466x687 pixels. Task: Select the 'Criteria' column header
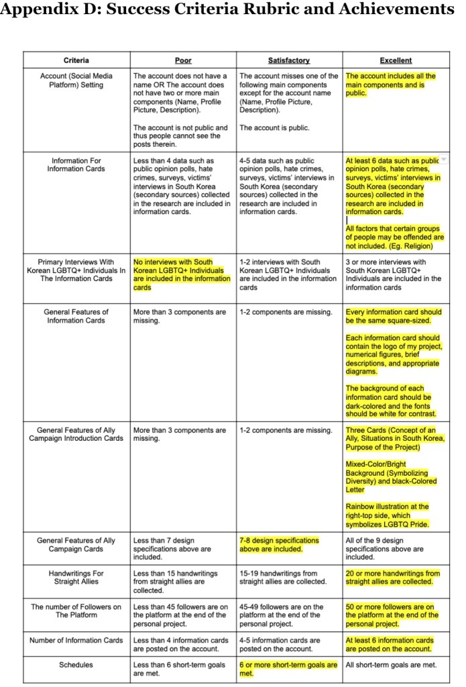coord(76,60)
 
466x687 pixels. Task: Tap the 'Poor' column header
coord(182,60)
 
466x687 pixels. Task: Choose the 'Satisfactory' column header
coord(289,60)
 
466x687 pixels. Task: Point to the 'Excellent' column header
coord(396,60)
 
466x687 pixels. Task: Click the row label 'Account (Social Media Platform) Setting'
coord(76,81)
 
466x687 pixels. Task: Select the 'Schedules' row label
coord(76,665)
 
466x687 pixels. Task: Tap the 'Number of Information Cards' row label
coord(76,640)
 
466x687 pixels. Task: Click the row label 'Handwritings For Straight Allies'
coord(76,578)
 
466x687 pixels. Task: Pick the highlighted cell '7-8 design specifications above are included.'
coord(279,544)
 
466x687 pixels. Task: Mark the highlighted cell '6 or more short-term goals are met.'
coord(288,669)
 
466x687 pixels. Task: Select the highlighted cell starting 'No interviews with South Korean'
coord(181,274)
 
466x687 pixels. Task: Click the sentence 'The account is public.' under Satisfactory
coord(274,127)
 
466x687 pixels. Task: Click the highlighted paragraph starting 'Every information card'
coord(394,316)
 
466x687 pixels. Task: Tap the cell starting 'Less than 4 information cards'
coord(181,644)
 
